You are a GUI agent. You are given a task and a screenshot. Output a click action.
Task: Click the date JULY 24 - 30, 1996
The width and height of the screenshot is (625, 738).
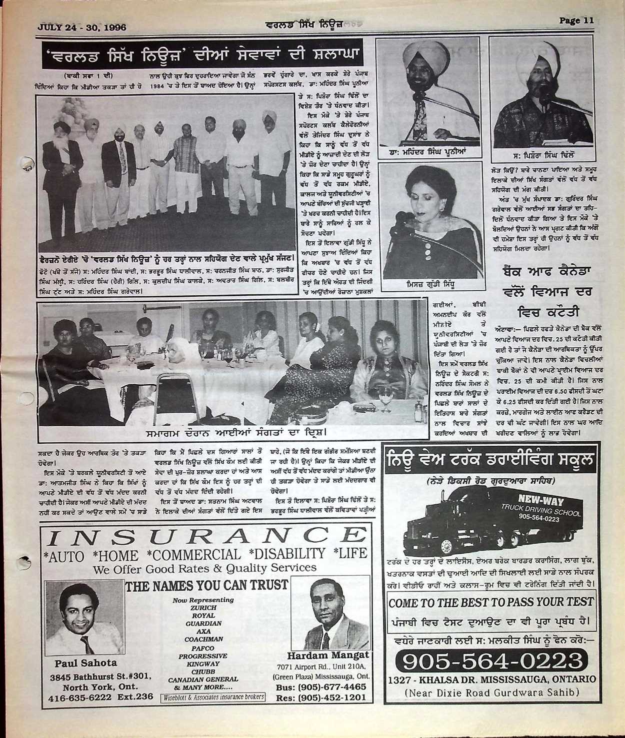pos(82,27)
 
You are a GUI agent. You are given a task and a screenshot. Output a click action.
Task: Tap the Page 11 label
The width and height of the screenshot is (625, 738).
pos(576,20)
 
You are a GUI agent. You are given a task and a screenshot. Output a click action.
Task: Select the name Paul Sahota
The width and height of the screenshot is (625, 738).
pos(85,663)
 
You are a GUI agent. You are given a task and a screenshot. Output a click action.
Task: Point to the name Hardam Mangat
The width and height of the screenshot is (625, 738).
pos(328,655)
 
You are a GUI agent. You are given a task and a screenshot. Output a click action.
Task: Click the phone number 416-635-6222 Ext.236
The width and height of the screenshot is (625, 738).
pos(100,697)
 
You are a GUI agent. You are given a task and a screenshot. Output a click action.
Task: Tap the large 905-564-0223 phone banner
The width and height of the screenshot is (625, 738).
pos(492,661)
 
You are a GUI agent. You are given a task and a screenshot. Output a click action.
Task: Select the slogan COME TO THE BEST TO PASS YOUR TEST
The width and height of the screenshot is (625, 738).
pos(491,603)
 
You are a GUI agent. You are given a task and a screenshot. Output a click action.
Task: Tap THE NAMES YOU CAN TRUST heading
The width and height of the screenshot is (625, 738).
pos(206,586)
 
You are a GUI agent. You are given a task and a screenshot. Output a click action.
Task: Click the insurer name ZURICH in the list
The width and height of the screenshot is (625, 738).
pos(203,608)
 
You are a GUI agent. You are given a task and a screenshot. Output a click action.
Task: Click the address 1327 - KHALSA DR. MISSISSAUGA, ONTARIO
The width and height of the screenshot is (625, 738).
pos(492,680)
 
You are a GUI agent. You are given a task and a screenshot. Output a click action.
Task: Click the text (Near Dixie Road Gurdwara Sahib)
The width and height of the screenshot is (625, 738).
pos(492,693)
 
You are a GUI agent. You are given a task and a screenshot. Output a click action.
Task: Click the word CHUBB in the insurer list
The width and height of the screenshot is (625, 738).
pos(203,672)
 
